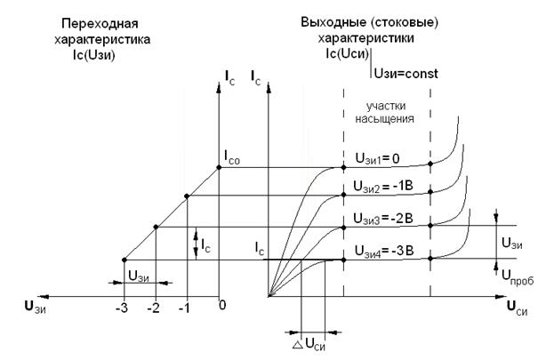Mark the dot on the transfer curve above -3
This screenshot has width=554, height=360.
pos(124,260)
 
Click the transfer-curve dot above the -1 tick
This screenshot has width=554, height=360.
pos(187,196)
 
